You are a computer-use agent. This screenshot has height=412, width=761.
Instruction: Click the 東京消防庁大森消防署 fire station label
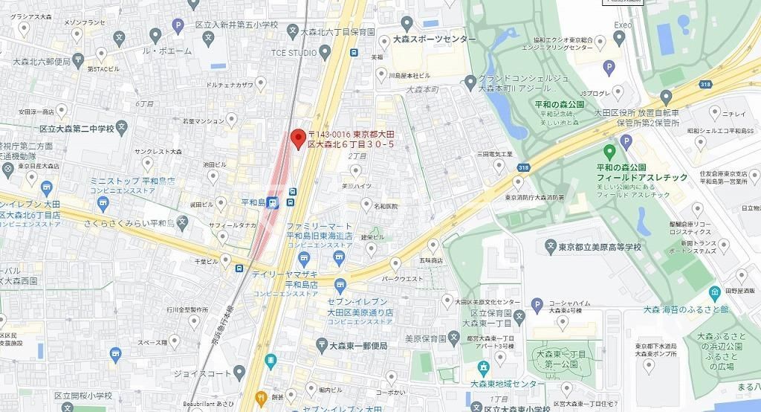tap(534, 198)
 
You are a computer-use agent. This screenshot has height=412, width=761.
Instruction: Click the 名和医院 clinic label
tap(385, 205)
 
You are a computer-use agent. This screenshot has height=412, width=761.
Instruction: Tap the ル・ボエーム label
tap(167, 51)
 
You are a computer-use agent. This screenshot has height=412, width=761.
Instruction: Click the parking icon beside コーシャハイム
tap(537, 304)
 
